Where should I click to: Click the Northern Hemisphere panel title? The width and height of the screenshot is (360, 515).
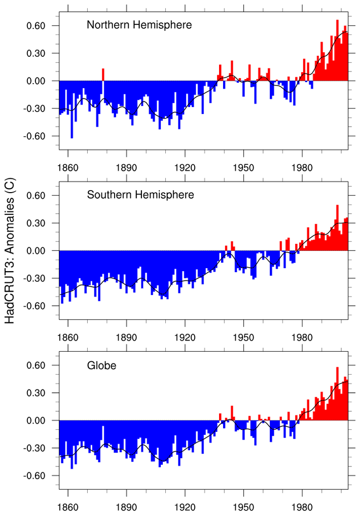point(139,25)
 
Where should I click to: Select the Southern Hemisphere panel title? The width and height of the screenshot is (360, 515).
point(140,195)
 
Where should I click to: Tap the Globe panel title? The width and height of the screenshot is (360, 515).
point(101,364)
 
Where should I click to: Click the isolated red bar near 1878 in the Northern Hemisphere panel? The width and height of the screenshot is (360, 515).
point(103,75)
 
